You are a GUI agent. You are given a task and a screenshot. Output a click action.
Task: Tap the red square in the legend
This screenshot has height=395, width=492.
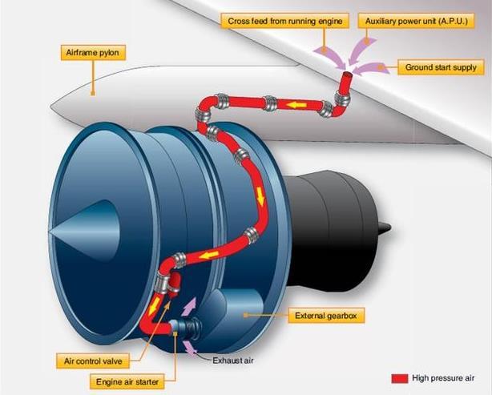coord(399,377)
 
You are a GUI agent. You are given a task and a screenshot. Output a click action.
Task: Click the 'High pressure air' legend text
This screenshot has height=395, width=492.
coord(444,377)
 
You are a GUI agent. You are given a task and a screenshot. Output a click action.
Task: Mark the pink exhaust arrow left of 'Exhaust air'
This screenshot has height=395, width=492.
coord(191,347)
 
